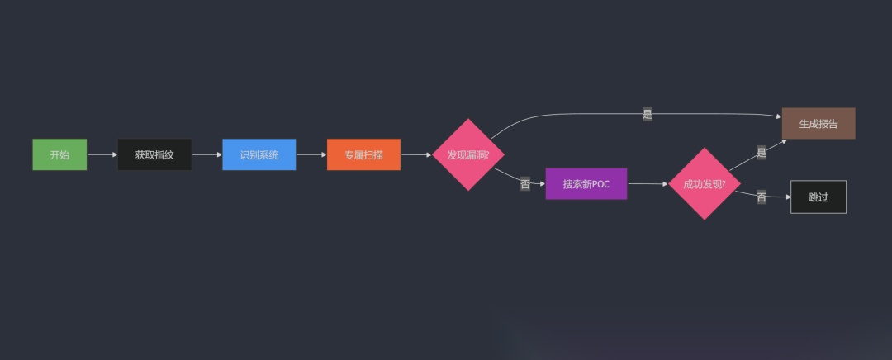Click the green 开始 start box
click(59, 154)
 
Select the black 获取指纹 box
click(154, 154)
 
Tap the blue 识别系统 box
click(259, 154)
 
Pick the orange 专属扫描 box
click(363, 154)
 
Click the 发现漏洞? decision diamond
click(468, 154)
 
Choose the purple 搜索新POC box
click(586, 184)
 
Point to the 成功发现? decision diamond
click(704, 184)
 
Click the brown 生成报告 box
click(818, 124)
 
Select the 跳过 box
click(818, 197)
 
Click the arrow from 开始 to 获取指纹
click(102, 154)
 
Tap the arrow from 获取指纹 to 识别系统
click(206, 154)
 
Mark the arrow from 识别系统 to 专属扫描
click(311, 154)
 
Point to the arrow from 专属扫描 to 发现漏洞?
click(416, 154)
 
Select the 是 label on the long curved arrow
click(647, 115)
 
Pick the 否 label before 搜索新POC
click(525, 184)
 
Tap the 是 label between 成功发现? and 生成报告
click(761, 153)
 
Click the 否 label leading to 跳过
click(761, 197)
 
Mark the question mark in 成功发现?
click(724, 184)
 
